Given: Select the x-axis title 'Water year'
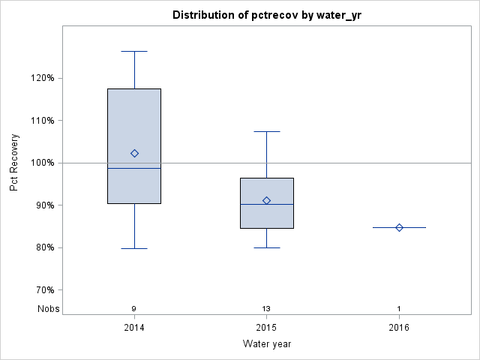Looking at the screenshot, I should click(266, 343).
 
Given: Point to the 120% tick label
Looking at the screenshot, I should click(42, 78).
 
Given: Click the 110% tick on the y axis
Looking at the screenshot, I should click(42, 120).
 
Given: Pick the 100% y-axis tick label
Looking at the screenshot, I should click(42, 163).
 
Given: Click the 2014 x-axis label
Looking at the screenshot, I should click(134, 327).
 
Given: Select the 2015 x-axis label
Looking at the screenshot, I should click(266, 327).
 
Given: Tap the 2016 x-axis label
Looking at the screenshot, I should click(399, 327).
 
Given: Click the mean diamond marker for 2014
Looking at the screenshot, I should click(134, 153).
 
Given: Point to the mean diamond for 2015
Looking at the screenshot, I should click(266, 200).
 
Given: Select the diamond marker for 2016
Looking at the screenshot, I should click(399, 227).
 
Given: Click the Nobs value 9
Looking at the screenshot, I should click(134, 309).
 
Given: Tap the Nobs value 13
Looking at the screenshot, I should click(266, 309).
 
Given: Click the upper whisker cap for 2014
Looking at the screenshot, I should click(134, 51).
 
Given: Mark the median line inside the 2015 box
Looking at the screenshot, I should click(266, 204).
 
